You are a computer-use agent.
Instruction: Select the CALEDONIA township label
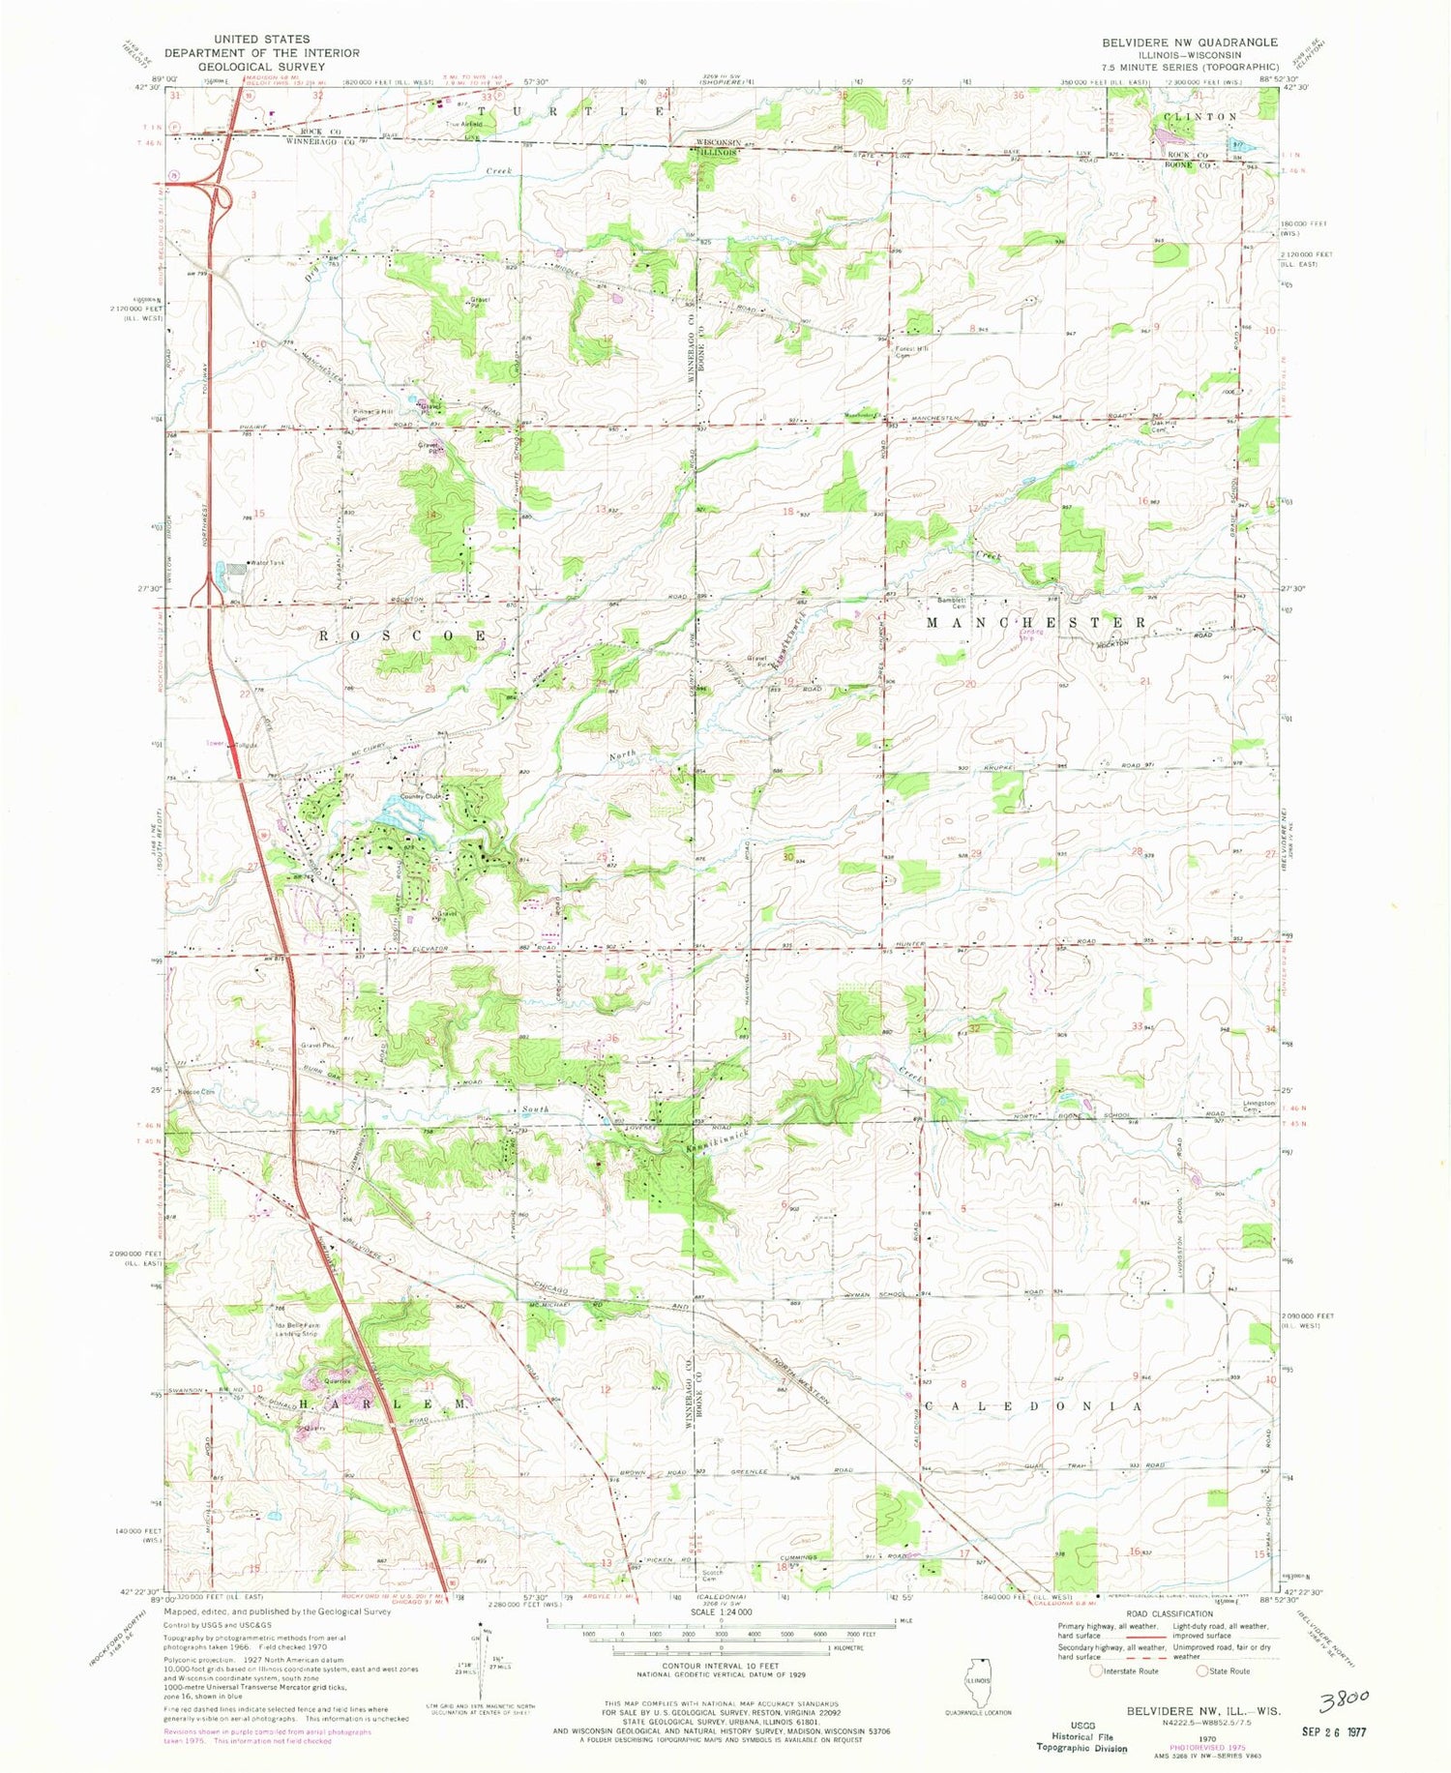coord(1035,1405)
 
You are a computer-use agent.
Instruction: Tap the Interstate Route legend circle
coord(1096,1670)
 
